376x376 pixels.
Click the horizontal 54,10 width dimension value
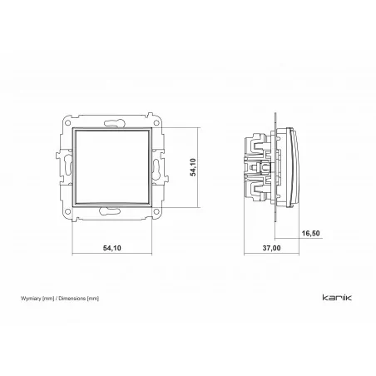tap(112, 248)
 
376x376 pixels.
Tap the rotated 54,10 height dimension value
tap(193, 167)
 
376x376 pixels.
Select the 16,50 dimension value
tap(310, 234)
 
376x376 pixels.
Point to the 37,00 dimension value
tap(271, 248)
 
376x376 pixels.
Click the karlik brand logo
tap(337, 298)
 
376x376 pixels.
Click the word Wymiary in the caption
tap(31, 299)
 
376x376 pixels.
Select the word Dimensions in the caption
tap(72, 299)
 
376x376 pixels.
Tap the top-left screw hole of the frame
tap(67, 122)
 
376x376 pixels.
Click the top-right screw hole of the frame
tap(156, 122)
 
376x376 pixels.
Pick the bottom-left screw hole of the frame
tap(67, 212)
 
